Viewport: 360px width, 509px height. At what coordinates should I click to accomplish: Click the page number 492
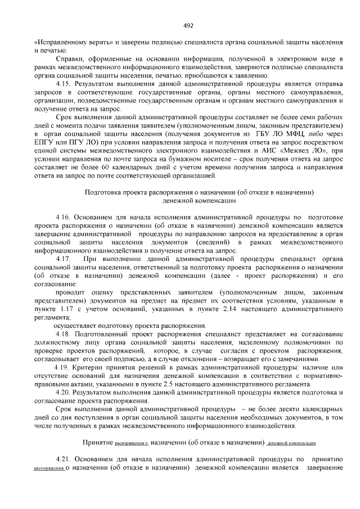point(188,25)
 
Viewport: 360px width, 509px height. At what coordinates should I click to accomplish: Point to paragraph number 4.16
point(64,217)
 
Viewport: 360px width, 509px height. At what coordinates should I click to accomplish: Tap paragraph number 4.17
point(64,258)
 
